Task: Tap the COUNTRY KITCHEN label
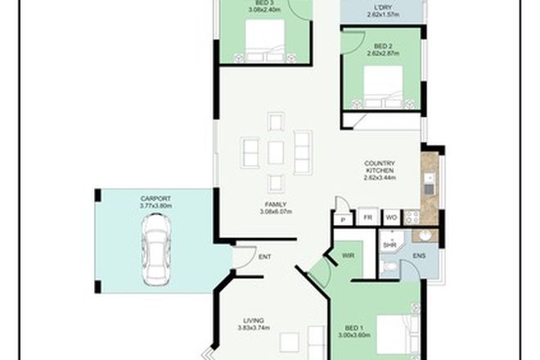380,168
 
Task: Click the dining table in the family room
276,152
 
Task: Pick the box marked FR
367,218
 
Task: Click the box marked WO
391,218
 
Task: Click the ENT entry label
265,257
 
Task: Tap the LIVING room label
254,321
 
